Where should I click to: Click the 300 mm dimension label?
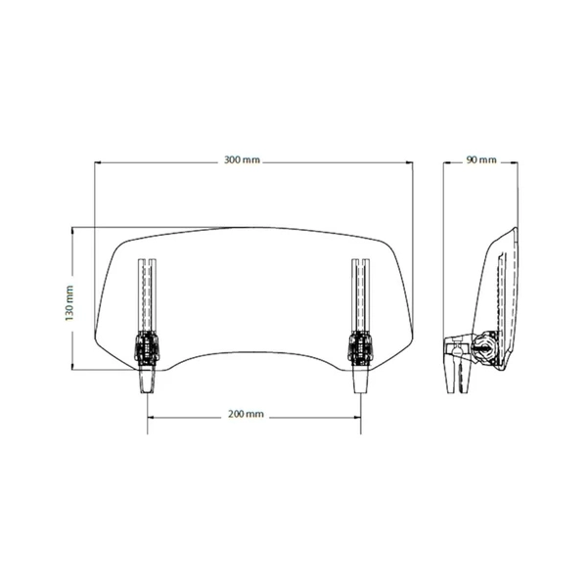click(x=242, y=159)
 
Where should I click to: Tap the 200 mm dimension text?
click(x=246, y=414)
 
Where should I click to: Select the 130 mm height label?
click(x=69, y=303)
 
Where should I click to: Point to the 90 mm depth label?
click(x=481, y=159)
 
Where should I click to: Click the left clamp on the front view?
click(x=147, y=348)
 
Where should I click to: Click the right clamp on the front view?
click(x=360, y=348)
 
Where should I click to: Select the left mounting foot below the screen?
click(x=147, y=380)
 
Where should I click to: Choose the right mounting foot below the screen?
click(x=361, y=380)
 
